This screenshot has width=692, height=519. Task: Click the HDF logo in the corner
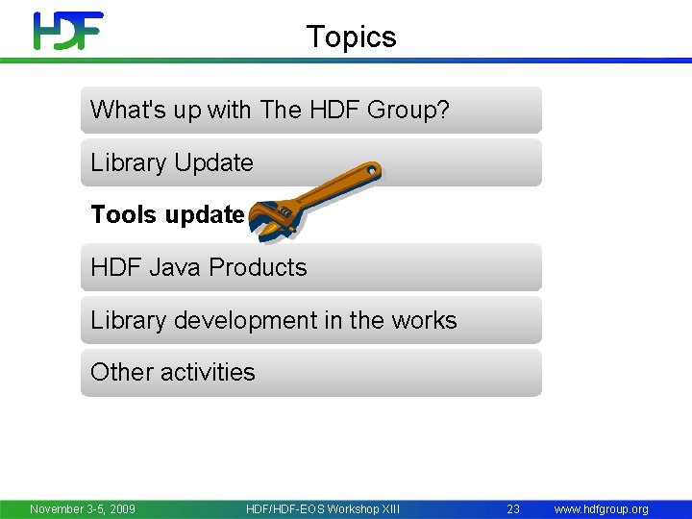[67, 31]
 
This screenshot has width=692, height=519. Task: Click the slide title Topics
[351, 37]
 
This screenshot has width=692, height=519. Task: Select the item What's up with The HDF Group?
[270, 110]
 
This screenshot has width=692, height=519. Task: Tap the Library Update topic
[172, 162]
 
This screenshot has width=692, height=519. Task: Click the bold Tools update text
[167, 214]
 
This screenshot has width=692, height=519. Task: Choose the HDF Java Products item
[199, 267]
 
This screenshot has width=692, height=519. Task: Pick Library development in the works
[274, 320]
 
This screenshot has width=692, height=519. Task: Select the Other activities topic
[173, 372]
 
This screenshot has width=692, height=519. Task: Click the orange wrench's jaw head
[270, 217]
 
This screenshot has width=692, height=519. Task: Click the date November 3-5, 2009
[83, 508]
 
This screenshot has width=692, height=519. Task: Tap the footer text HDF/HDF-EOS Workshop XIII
[323, 508]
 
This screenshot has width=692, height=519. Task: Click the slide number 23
[513, 508]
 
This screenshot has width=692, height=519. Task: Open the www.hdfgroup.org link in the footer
[602, 508]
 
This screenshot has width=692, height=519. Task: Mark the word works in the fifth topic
[425, 320]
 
